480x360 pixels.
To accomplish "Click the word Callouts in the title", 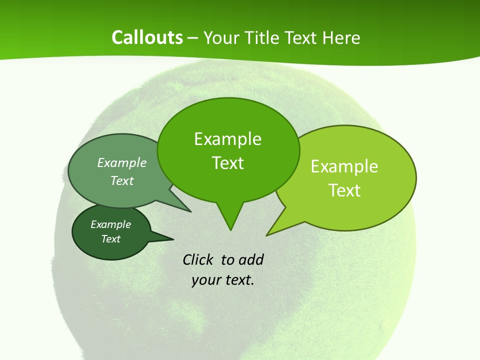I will pos(147,37).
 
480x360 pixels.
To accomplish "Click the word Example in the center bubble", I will pos(227,139).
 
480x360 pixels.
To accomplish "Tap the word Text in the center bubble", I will pos(227,163).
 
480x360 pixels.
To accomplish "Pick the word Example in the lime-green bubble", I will pos(344,166).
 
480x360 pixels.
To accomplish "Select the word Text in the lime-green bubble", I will pos(344,190).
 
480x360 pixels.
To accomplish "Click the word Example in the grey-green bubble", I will pos(122,162).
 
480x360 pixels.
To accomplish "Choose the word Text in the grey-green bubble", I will pos(122,180).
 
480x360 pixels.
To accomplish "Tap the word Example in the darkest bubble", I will pos(111,224).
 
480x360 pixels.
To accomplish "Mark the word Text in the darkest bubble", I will pos(111,239).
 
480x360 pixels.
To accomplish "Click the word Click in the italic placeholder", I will pos(197,259).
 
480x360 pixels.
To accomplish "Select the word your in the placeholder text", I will pos(205,280).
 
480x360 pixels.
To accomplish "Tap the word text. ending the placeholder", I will pos(238,280).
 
